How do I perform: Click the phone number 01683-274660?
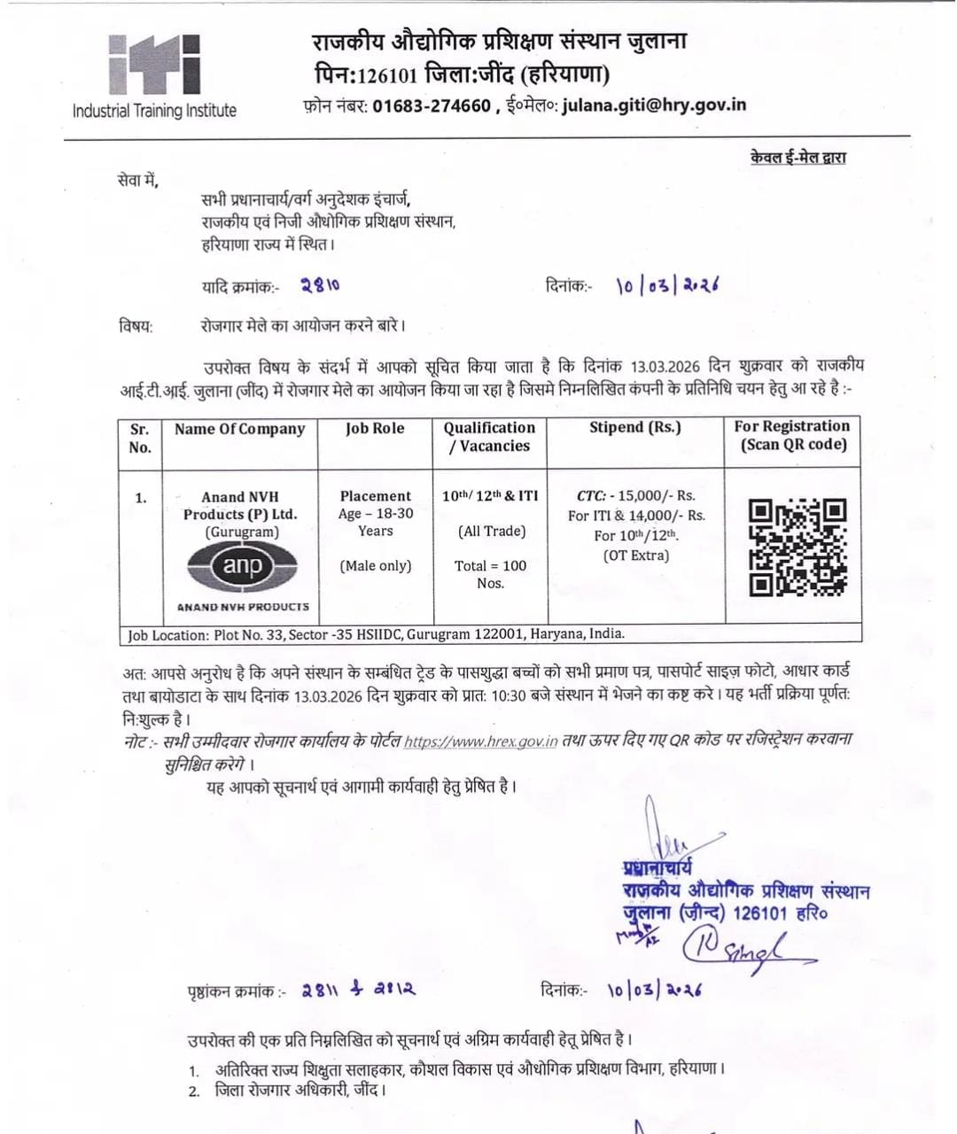tap(431, 106)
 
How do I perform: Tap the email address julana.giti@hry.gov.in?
tap(654, 105)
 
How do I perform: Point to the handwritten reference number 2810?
tap(319, 285)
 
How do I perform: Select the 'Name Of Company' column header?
tap(239, 429)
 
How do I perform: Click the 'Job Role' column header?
tap(375, 429)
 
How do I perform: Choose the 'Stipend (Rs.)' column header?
tap(635, 427)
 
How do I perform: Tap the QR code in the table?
tap(797, 546)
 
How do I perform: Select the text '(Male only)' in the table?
tap(376, 566)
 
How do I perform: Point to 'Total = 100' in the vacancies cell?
tap(490, 566)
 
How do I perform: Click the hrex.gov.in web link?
tap(480, 742)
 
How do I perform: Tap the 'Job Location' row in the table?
tap(376, 634)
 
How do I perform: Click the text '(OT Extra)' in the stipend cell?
tap(635, 556)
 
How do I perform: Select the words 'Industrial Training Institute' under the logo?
tap(154, 112)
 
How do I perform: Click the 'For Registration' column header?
tap(792, 427)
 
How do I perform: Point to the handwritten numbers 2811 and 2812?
tap(358, 990)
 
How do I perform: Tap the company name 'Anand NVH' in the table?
tap(239, 498)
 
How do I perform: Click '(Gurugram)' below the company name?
tap(242, 532)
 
